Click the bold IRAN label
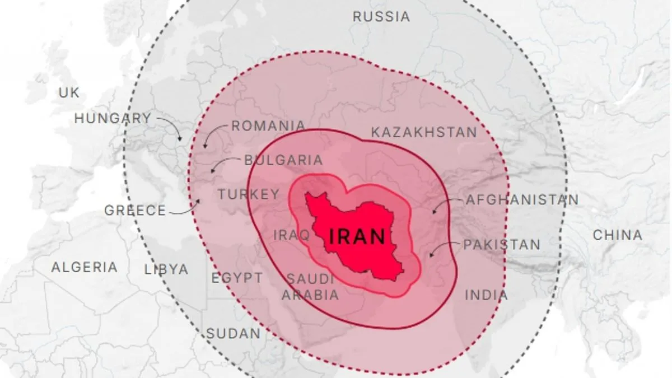357,236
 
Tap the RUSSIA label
381,17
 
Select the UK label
69,93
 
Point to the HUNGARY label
113,119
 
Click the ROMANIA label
268,126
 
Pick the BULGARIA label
283,160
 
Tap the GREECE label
135,211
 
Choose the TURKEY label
248,194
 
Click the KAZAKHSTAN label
424,133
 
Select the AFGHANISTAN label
522,200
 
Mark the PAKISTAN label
501,245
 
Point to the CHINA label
618,235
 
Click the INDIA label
486,295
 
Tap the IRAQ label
291,235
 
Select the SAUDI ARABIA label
311,287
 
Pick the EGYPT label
236,278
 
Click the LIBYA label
166,269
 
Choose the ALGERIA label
85,267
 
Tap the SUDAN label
233,334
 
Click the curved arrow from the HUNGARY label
171,127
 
